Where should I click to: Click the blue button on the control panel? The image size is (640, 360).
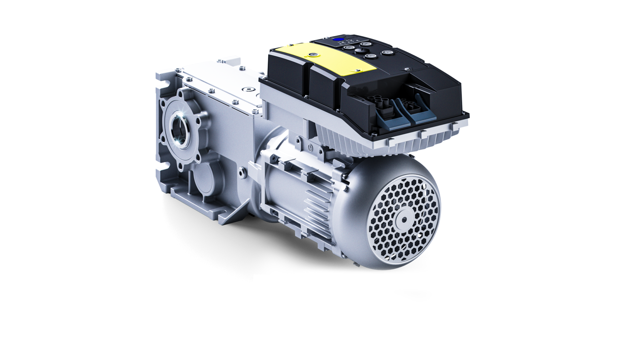point(340,40)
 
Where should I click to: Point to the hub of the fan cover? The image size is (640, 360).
point(404,219)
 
